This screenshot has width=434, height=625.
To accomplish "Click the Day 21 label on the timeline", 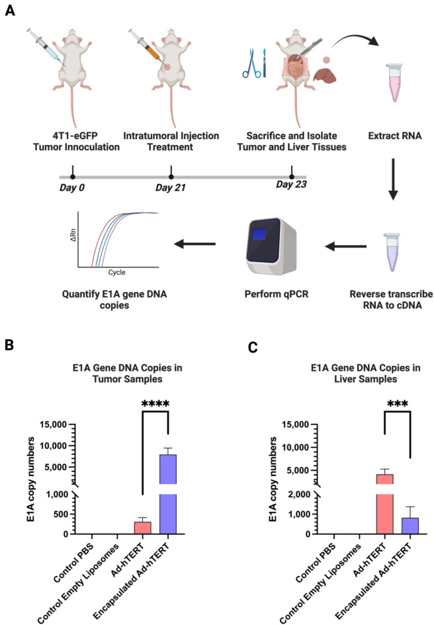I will click(x=171, y=187).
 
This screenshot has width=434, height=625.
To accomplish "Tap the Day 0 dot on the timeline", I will click(x=72, y=177).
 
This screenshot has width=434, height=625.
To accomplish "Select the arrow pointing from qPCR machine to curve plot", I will click(x=195, y=244).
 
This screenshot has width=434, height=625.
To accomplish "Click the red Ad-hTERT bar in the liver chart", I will click(x=384, y=503).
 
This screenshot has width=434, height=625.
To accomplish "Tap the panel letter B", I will click(x=11, y=345).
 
